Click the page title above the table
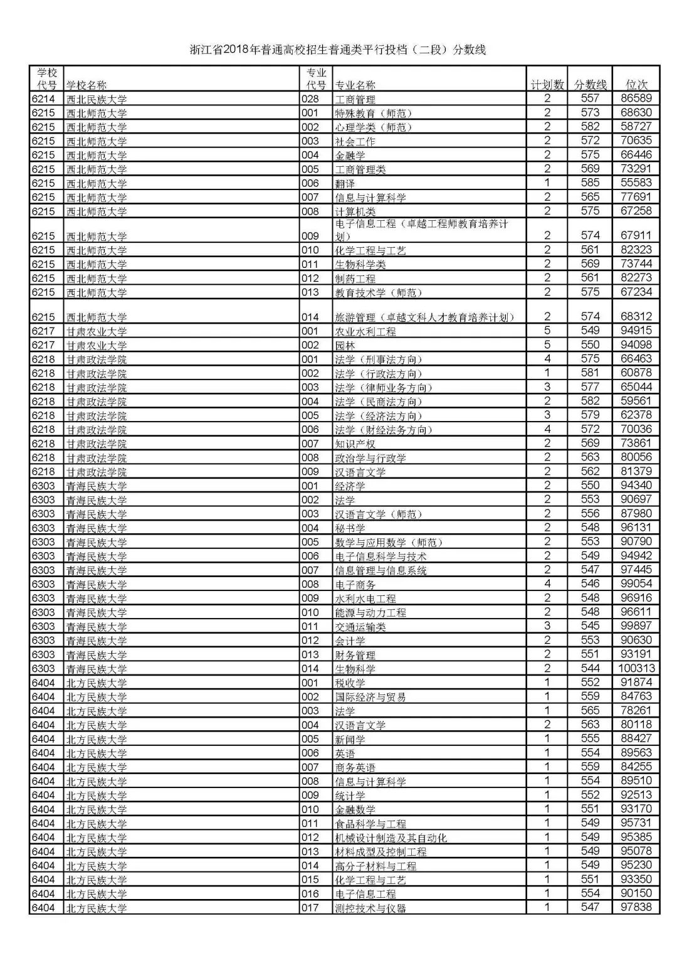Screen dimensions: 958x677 [x=338, y=50]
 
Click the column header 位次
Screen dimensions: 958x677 [x=636, y=85]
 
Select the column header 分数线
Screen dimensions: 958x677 [x=590, y=85]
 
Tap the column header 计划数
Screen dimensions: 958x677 [x=547, y=85]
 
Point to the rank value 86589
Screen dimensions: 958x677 [x=636, y=98]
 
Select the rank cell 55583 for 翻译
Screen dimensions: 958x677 [x=636, y=183]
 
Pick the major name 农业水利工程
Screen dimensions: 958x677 [x=365, y=331]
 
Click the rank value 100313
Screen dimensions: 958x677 [x=636, y=669]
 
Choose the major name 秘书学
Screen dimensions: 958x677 [x=350, y=528]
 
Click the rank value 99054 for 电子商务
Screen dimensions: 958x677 [x=636, y=584]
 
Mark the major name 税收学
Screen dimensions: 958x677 [x=350, y=683]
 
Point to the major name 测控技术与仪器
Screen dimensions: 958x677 [x=370, y=908]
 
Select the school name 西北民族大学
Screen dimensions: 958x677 [x=97, y=99]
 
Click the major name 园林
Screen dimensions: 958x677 [x=345, y=345]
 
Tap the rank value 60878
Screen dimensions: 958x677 [x=636, y=373]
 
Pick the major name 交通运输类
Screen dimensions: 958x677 [x=360, y=626]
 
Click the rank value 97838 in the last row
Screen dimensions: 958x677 [x=636, y=907]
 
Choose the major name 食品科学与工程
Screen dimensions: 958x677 [x=370, y=824]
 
